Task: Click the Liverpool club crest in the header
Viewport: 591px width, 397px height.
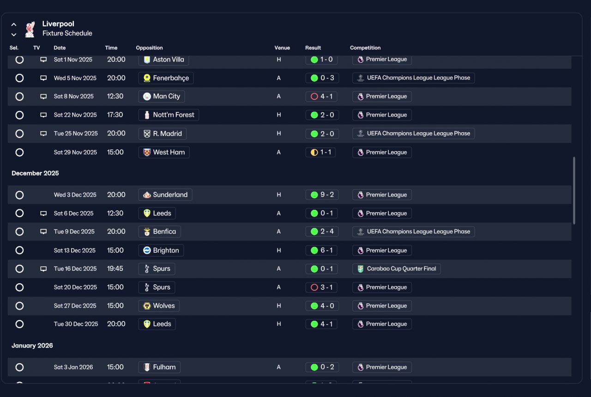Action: click(x=30, y=29)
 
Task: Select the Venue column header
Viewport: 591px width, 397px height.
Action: click(x=282, y=48)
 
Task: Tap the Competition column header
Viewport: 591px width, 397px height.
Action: click(x=365, y=48)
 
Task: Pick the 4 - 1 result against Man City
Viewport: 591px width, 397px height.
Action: click(x=321, y=97)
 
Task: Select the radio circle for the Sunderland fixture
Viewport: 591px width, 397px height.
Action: click(x=19, y=195)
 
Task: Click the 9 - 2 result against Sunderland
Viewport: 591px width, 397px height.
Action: click(x=322, y=195)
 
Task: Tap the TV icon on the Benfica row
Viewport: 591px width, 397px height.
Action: click(x=43, y=232)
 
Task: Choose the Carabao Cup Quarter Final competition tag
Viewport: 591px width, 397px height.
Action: click(x=396, y=269)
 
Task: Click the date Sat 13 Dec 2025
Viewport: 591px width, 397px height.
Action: click(x=75, y=250)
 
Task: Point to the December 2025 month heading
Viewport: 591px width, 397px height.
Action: click(x=35, y=173)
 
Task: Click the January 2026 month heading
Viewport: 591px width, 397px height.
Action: click(x=32, y=346)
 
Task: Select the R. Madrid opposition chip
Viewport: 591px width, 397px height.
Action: click(x=162, y=134)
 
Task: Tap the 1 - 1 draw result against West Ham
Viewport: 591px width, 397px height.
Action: click(x=320, y=153)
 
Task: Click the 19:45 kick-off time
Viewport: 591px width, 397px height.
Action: click(x=115, y=269)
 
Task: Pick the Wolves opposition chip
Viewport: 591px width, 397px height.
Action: click(x=159, y=306)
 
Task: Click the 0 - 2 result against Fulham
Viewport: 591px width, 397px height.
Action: click(x=322, y=367)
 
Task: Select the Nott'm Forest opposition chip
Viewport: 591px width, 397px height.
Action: click(x=169, y=115)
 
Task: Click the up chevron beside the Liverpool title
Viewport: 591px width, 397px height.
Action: click(x=14, y=25)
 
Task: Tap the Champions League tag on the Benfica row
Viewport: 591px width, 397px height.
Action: click(x=413, y=232)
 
